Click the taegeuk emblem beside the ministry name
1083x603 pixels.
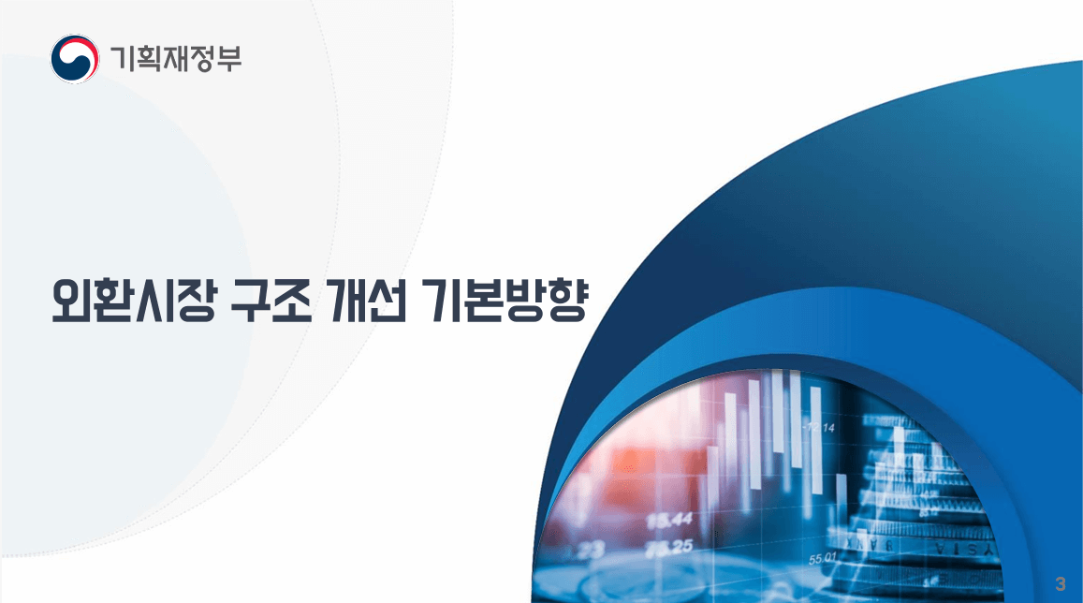75,59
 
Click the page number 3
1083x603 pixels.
1060,583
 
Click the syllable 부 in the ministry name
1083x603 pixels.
228,59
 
